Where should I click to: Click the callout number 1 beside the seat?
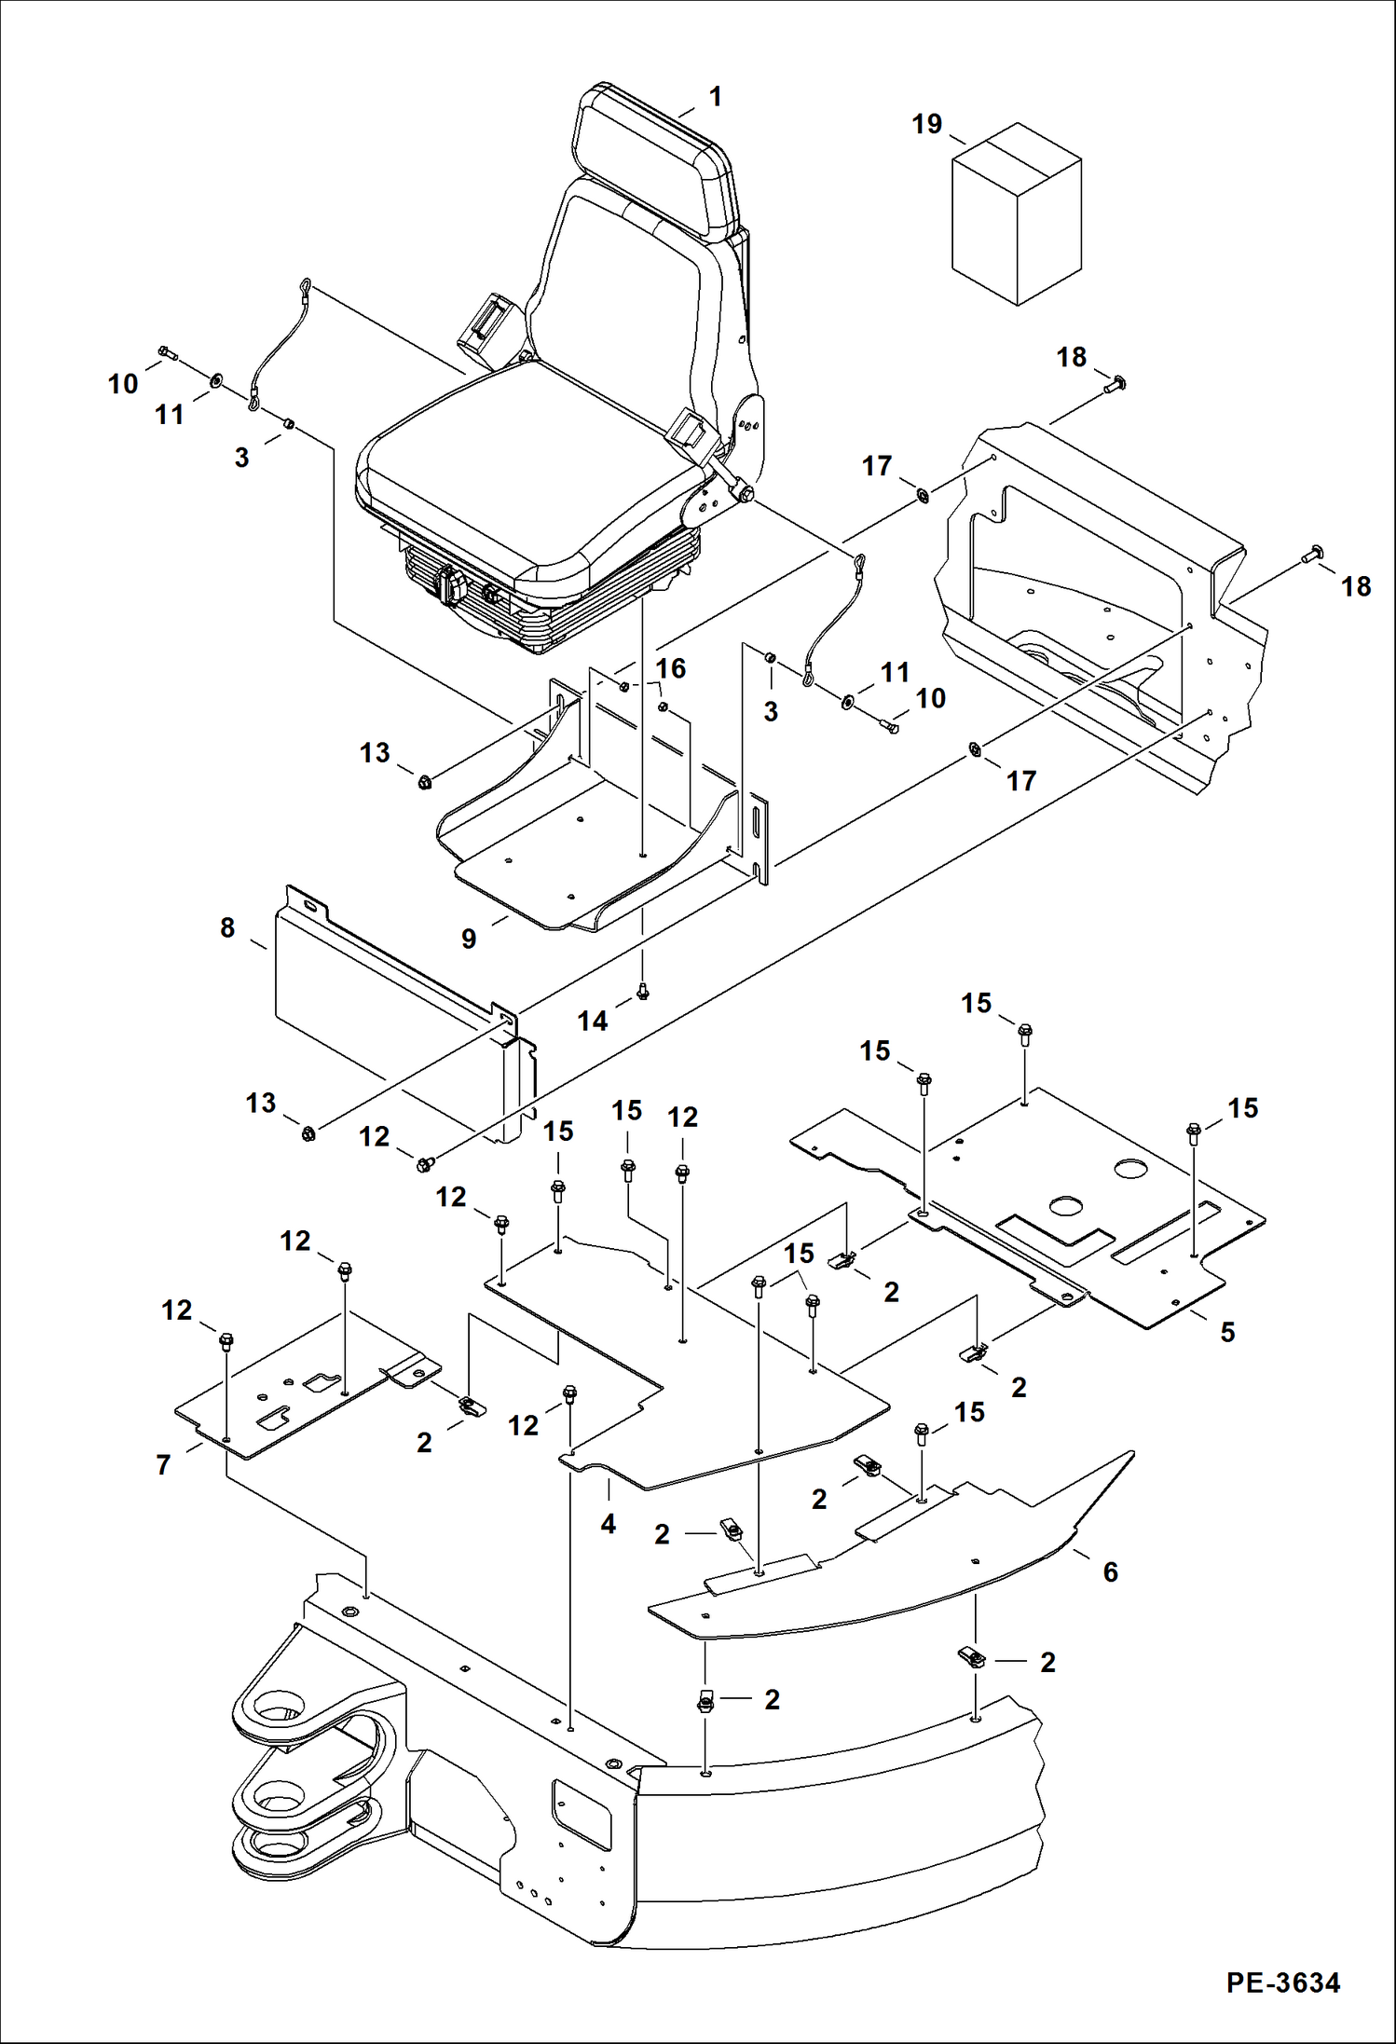pyautogui.click(x=715, y=96)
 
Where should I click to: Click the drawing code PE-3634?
pyautogui.click(x=1283, y=1982)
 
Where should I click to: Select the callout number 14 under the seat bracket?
pyautogui.click(x=592, y=1021)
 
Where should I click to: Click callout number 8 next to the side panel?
pyautogui.click(x=227, y=927)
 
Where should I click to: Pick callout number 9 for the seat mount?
pyautogui.click(x=469, y=939)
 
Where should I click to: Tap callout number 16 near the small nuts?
pyautogui.click(x=670, y=667)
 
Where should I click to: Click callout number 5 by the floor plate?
pyautogui.click(x=1227, y=1332)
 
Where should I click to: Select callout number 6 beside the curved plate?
pyautogui.click(x=1110, y=1571)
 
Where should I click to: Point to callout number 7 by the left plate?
pyautogui.click(x=163, y=1464)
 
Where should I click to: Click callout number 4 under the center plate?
pyautogui.click(x=608, y=1524)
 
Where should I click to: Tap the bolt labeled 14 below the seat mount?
pyautogui.click(x=641, y=993)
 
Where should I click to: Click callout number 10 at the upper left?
pyautogui.click(x=123, y=383)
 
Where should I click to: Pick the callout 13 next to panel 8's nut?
pyautogui.click(x=261, y=1103)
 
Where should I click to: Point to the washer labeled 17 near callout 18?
pyautogui.click(x=921, y=494)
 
